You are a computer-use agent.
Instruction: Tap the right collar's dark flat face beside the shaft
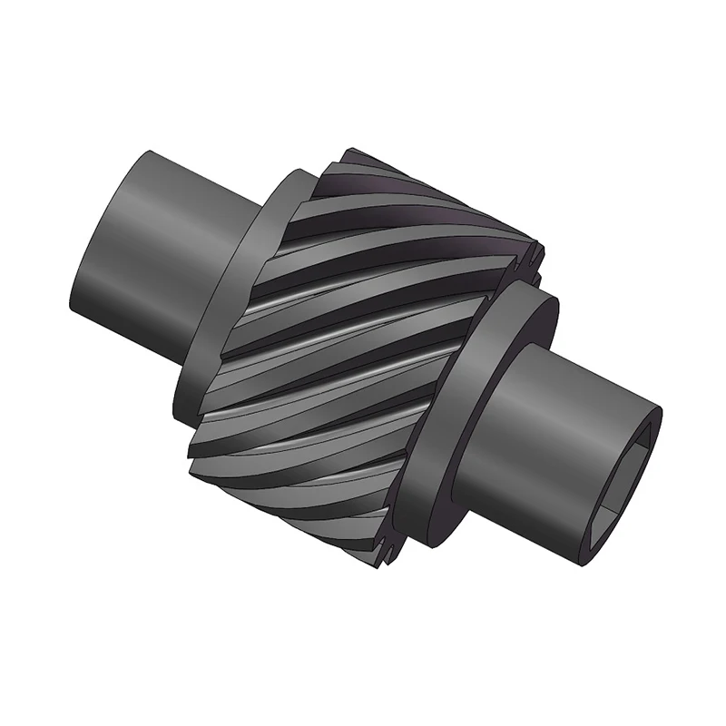pos(526,318)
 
